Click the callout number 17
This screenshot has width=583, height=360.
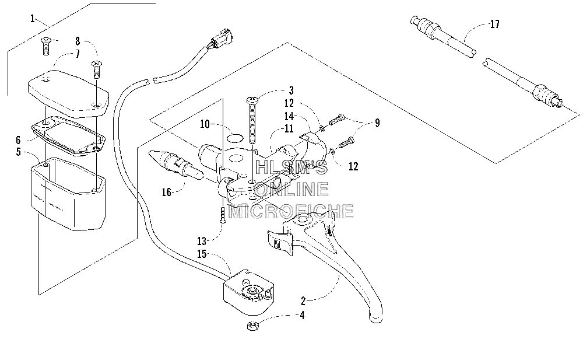click(494, 25)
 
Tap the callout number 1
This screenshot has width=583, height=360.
click(33, 18)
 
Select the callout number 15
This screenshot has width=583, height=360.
click(202, 254)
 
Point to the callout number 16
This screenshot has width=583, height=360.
click(166, 192)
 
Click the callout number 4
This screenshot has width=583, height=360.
click(302, 315)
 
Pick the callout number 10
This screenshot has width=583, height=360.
click(205, 124)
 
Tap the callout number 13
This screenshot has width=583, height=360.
click(202, 241)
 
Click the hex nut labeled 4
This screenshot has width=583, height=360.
click(252, 326)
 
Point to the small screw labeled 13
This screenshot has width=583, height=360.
click(222, 216)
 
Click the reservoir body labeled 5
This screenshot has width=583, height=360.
click(67, 194)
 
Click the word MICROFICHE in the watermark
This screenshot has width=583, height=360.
click(291, 211)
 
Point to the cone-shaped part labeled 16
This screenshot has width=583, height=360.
click(175, 165)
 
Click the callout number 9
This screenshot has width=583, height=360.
click(377, 123)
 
